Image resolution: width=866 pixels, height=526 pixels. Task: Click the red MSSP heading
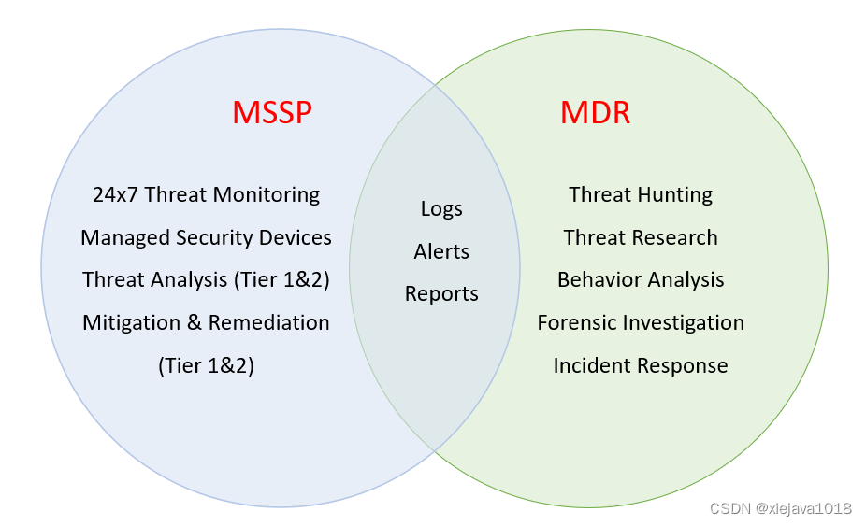(271, 113)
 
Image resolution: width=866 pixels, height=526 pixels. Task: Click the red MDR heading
(595, 113)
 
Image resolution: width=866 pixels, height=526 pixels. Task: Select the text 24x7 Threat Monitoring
(206, 194)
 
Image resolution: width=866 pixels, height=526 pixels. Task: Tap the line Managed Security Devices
(206, 237)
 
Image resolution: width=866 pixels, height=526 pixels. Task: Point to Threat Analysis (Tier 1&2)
(206, 279)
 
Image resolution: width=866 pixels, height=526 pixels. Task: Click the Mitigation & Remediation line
(206, 322)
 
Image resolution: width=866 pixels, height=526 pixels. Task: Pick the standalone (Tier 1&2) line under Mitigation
(206, 365)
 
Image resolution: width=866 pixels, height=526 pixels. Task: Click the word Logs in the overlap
(441, 208)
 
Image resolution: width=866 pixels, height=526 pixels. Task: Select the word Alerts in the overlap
(441, 251)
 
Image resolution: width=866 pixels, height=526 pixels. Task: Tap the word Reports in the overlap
(441, 293)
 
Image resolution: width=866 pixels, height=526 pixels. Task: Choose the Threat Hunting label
(641, 194)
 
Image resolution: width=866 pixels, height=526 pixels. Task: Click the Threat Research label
(641, 237)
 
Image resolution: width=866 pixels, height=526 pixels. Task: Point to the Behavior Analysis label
(641, 279)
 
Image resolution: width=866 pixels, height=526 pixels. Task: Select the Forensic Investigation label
(641, 322)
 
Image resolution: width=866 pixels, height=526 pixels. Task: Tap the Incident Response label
(641, 365)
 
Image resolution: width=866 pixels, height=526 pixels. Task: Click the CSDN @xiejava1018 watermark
(780, 508)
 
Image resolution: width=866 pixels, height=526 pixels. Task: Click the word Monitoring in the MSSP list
(267, 194)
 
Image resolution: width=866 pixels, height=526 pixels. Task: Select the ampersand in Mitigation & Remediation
(194, 322)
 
